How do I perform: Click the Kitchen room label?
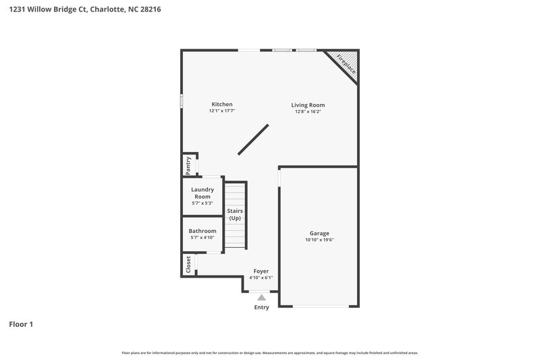222,104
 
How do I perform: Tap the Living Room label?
308,105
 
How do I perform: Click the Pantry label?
188,163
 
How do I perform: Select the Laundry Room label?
202,192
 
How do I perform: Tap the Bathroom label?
202,231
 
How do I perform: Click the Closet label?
188,264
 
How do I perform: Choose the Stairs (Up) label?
235,215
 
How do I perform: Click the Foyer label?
261,271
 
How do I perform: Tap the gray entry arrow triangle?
261,296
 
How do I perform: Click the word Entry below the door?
261,307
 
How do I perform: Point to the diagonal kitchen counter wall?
253,139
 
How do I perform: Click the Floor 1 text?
21,324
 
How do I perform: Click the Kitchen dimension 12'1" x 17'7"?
222,111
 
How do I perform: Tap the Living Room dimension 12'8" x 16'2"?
308,112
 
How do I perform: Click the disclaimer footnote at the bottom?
270,353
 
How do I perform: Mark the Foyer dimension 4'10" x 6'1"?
261,278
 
